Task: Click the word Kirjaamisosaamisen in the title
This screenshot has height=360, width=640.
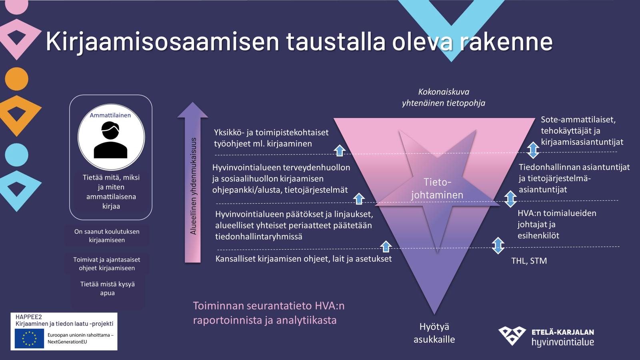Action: tap(162, 42)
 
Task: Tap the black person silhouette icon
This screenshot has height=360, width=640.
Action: tap(110, 140)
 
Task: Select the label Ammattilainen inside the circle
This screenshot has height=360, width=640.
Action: tap(110, 115)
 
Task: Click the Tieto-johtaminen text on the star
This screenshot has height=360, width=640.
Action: tap(437, 188)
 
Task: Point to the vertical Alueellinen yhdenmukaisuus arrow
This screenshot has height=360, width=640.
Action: tap(192, 182)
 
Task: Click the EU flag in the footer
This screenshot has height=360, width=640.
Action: tap(30, 338)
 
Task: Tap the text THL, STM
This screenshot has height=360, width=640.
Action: tap(529, 260)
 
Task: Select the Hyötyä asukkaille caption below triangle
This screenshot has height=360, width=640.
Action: tap(434, 333)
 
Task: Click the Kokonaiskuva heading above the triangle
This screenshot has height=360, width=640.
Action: tap(444, 92)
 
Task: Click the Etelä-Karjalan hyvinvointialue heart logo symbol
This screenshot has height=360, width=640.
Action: tap(512, 336)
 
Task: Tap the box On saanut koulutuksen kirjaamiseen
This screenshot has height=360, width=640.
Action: tap(107, 236)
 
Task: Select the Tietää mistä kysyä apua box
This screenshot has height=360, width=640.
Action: tap(108, 288)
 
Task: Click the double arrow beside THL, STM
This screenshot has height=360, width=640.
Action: tap(498, 246)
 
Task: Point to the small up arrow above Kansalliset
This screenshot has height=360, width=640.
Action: tap(386, 246)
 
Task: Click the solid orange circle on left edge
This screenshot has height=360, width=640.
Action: tap(16, 79)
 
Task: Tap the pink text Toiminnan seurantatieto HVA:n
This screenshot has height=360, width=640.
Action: tap(269, 306)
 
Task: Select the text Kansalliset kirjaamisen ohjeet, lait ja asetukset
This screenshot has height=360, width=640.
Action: tap(304, 259)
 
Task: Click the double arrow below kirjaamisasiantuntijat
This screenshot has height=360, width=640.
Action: tap(533, 150)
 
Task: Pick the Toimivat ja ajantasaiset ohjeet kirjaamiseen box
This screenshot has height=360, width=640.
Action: tap(107, 264)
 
